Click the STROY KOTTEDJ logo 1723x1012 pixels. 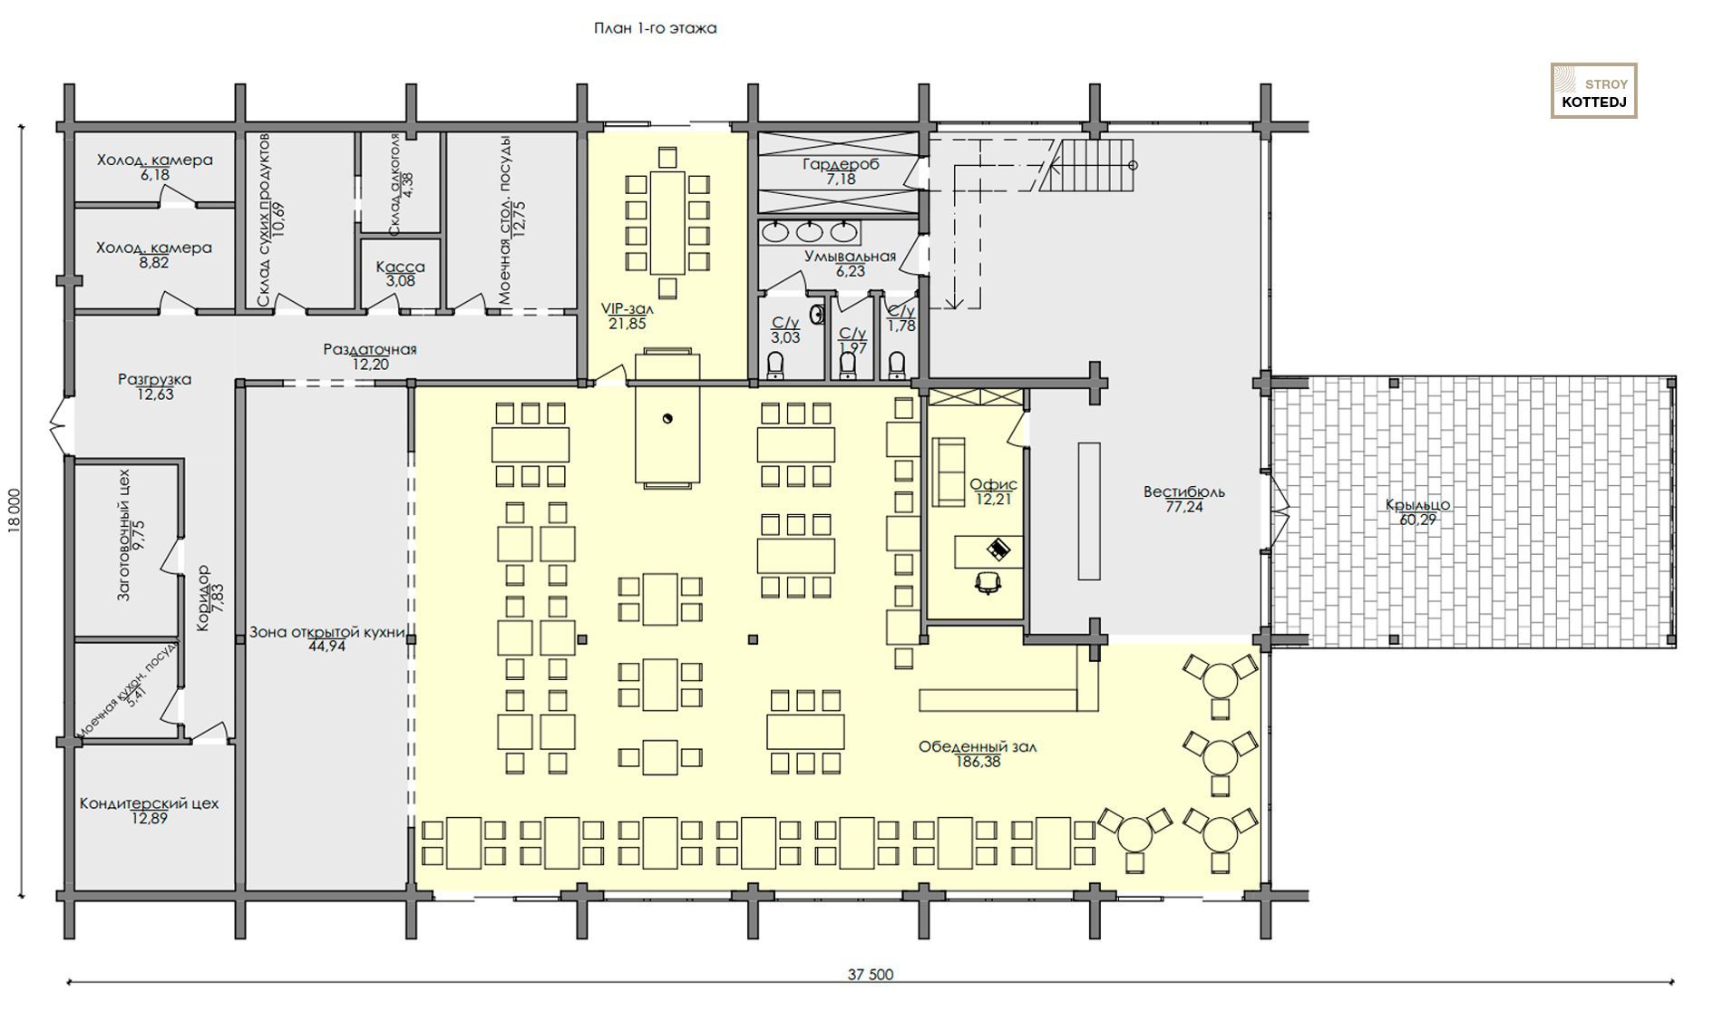click(1593, 91)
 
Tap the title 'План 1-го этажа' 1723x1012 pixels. click(655, 28)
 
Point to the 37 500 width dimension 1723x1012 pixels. click(871, 974)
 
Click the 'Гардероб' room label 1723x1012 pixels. click(841, 164)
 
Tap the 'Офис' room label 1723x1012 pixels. click(993, 484)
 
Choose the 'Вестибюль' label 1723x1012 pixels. click(1183, 491)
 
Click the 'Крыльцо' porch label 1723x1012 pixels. click(1417, 505)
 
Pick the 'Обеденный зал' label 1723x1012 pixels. click(977, 747)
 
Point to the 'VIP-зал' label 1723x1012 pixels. click(627, 308)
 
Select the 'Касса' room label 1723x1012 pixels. click(400, 267)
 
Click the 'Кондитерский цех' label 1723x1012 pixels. click(149, 803)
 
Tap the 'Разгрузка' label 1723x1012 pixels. click(154, 379)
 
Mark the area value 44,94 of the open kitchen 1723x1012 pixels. click(326, 647)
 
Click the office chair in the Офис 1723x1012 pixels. click(988, 581)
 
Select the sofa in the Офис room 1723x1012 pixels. click(949, 472)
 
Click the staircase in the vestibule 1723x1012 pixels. click(1086, 165)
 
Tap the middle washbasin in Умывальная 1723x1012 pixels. click(810, 231)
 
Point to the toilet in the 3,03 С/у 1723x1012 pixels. click(775, 365)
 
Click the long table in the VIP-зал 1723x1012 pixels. click(667, 221)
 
